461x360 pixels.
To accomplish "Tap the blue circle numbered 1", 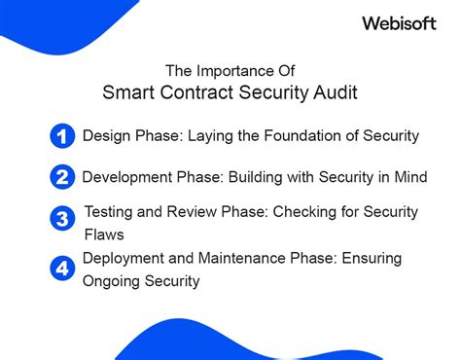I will click(x=60, y=136).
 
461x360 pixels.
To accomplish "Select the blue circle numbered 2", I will click(x=60, y=177).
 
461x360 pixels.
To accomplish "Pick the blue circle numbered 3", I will click(x=60, y=220).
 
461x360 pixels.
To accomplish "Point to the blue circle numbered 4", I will click(x=60, y=266).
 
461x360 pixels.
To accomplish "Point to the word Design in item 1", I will click(x=104, y=136).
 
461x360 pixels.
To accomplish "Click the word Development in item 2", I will click(x=123, y=177).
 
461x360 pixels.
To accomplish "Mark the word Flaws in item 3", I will click(x=104, y=234).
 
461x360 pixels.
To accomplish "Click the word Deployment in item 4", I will click(x=122, y=258).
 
